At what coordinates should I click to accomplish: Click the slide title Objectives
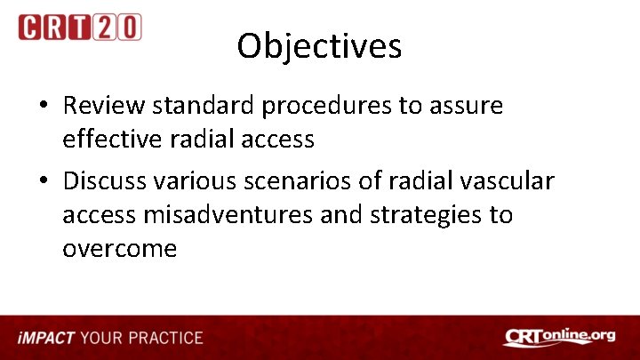pos(319,46)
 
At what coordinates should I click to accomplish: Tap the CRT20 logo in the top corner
pos(80,27)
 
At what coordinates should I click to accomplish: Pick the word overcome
pos(119,249)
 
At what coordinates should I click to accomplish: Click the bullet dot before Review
pos(43,107)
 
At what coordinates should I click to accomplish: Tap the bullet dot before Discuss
pos(43,182)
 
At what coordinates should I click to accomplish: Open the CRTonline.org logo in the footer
pos(559,337)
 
